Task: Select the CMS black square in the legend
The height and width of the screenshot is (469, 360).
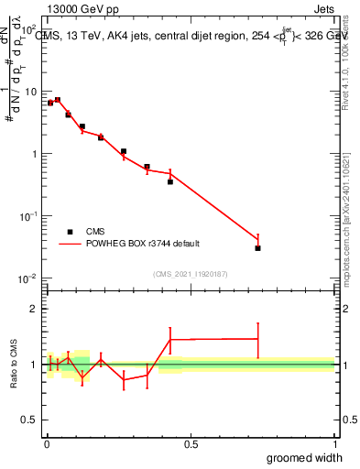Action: point(71,232)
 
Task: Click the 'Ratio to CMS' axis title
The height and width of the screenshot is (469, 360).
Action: point(14,364)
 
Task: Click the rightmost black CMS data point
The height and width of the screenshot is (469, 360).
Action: point(258,248)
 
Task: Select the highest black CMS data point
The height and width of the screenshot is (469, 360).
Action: point(58,100)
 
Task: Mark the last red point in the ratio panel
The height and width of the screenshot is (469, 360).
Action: point(258,339)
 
